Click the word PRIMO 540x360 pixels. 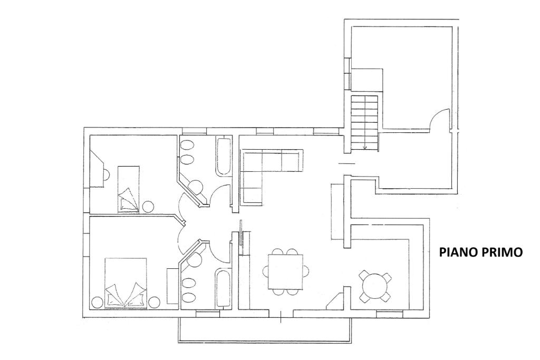pos(501,252)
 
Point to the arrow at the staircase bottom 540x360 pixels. pos(365,147)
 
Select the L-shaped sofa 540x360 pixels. pos(264,169)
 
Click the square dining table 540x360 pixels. pos(285,271)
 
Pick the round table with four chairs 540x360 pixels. pos(375,286)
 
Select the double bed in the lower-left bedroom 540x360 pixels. pos(126,282)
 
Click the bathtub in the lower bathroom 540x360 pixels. pos(223,287)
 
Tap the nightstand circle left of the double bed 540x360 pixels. pos(97,303)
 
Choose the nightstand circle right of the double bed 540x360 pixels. pos(154,303)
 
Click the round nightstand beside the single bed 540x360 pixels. pos(148,206)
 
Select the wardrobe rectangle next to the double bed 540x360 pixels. pos(172,286)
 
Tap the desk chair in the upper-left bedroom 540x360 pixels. pos(106,173)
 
